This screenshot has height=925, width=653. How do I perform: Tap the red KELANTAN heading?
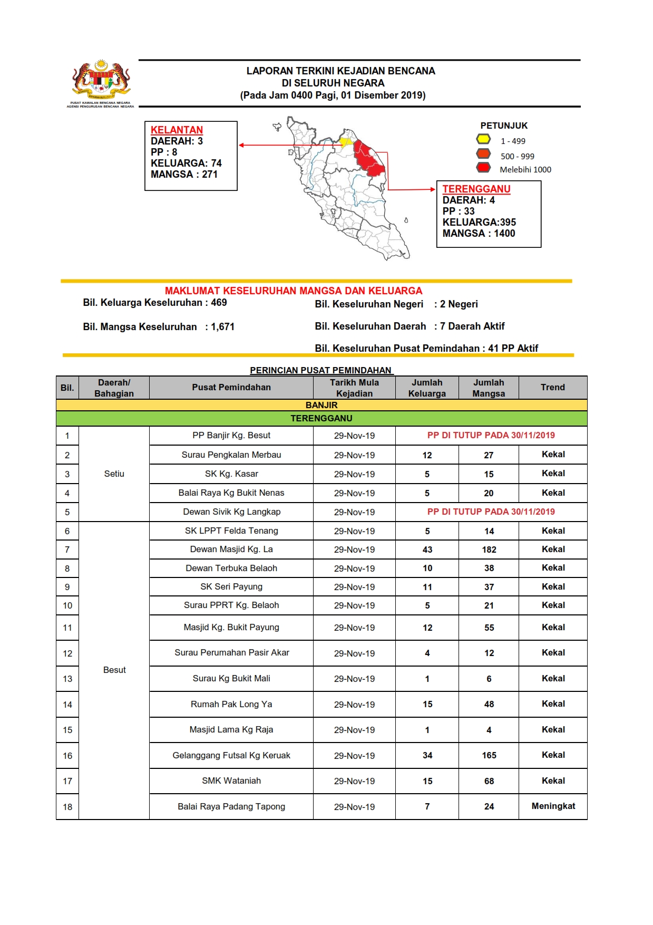177,130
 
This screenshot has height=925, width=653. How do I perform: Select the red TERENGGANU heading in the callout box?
476,189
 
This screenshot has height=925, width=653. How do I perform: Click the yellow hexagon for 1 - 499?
483,139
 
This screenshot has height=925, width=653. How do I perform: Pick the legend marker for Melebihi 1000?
483,168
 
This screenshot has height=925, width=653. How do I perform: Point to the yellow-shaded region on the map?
346,142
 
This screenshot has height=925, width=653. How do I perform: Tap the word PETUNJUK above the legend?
503,126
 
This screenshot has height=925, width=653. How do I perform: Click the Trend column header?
552,387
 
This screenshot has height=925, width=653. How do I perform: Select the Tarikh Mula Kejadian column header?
354,388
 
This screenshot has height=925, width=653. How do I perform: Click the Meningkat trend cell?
553,806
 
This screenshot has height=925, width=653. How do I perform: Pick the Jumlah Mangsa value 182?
489,550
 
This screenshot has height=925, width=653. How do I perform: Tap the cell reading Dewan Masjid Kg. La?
231,549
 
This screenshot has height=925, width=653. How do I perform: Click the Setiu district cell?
114,474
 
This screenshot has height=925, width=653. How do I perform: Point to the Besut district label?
114,670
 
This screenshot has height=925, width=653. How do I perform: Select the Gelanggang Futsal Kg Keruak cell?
231,755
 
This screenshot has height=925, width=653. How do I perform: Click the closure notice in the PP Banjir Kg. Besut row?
491,435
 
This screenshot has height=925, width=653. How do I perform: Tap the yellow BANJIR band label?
321,405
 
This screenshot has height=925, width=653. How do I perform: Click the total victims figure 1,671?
222,326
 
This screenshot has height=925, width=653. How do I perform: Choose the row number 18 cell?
67,806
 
